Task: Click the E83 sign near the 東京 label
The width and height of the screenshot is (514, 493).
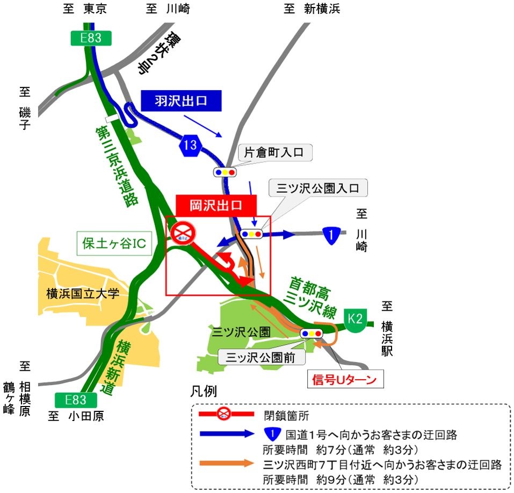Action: click(91, 38)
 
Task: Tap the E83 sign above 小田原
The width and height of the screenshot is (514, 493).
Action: click(76, 400)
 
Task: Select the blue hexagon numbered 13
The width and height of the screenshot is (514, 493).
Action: click(193, 144)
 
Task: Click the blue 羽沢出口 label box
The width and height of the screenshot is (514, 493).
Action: click(181, 100)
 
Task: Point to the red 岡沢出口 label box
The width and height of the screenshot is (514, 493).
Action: click(216, 205)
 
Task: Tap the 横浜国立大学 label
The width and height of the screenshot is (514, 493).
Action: click(82, 293)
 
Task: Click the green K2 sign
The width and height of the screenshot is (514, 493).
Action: click(355, 317)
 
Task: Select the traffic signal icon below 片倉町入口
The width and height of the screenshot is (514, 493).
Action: click(225, 172)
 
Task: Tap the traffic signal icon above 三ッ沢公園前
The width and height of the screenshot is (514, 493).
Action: click(312, 333)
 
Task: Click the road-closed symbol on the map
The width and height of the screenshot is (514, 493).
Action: click(184, 232)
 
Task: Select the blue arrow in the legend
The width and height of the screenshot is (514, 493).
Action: click(226, 433)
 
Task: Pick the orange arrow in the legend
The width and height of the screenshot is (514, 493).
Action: click(226, 463)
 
